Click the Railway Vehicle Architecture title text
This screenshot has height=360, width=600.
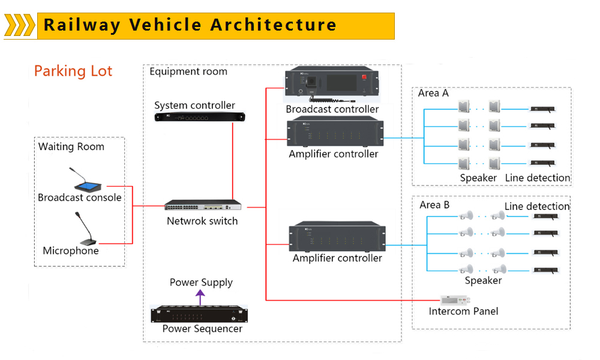point(190,25)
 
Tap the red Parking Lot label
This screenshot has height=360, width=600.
point(73,71)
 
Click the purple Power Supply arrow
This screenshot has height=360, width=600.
point(201,296)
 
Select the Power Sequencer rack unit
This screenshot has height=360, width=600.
point(200,314)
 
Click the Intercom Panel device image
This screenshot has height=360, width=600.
point(454,299)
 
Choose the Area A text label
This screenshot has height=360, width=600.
point(433,93)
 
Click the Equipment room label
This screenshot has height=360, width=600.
point(188,72)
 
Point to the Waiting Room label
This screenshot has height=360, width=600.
point(71,147)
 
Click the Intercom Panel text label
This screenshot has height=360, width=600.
point(463,311)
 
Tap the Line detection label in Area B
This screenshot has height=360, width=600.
point(536,206)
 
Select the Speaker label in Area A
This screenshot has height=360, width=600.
point(478,178)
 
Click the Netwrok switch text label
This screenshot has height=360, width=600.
point(202,221)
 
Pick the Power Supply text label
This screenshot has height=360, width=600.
point(201,283)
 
